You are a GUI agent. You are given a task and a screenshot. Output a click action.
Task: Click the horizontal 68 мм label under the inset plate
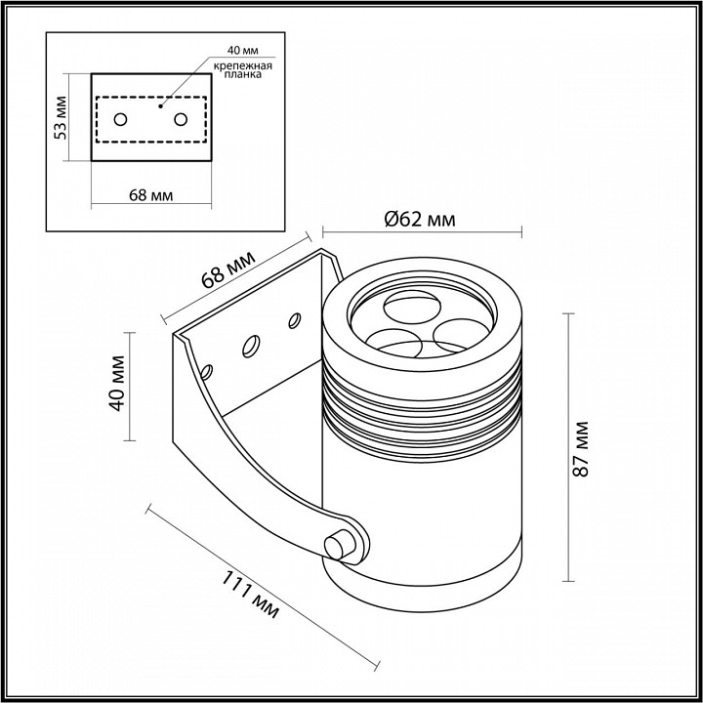pos(150,194)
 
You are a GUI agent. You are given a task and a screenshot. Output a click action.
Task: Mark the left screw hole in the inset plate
pos(119,119)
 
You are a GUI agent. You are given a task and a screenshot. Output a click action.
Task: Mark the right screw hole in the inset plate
pos(181,119)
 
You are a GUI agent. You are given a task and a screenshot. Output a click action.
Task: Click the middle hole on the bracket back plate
pos(251,345)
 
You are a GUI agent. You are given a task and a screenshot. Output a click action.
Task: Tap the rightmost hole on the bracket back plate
pos(292,318)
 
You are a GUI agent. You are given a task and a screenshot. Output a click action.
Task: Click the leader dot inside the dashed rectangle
pos(162,99)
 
